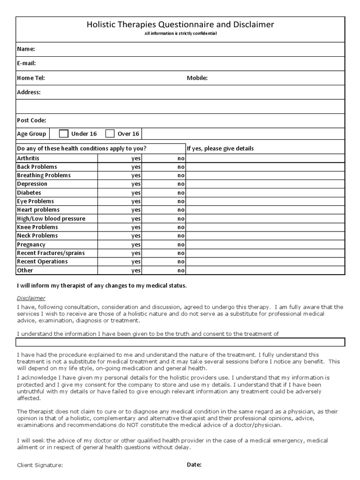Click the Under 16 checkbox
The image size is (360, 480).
64,134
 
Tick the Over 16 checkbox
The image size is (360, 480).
110,134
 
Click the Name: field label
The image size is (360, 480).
26,49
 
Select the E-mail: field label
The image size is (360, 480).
27,63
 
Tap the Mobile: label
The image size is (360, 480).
197,78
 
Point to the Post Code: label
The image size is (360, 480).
31,120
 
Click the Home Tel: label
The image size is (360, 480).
31,78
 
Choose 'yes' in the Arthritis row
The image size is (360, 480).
136,158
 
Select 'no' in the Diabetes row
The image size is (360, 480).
181,193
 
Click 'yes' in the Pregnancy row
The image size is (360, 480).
136,245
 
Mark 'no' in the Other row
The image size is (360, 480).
181,270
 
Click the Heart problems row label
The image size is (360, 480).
38,210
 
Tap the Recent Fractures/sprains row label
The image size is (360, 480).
51,253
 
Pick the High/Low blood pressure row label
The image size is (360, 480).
51,218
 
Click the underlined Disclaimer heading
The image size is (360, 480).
31,298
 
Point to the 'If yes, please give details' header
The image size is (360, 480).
220,149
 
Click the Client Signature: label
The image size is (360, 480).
40,465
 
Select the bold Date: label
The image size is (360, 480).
194,465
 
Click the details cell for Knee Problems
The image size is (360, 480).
265,227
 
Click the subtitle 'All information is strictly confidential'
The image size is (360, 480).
180,34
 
